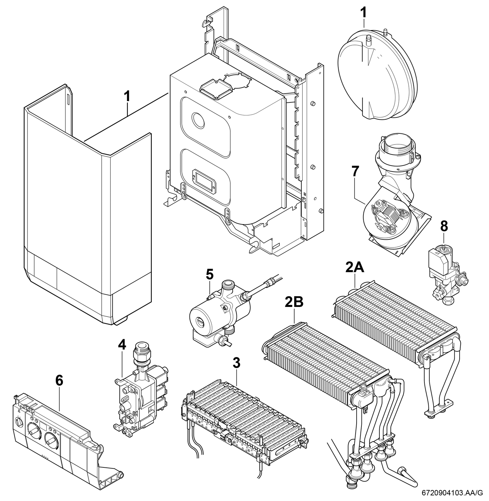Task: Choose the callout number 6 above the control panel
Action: (x=59, y=381)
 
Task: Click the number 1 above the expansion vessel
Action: (x=363, y=12)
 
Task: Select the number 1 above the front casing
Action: (x=127, y=97)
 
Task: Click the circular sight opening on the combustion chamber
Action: (x=199, y=120)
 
